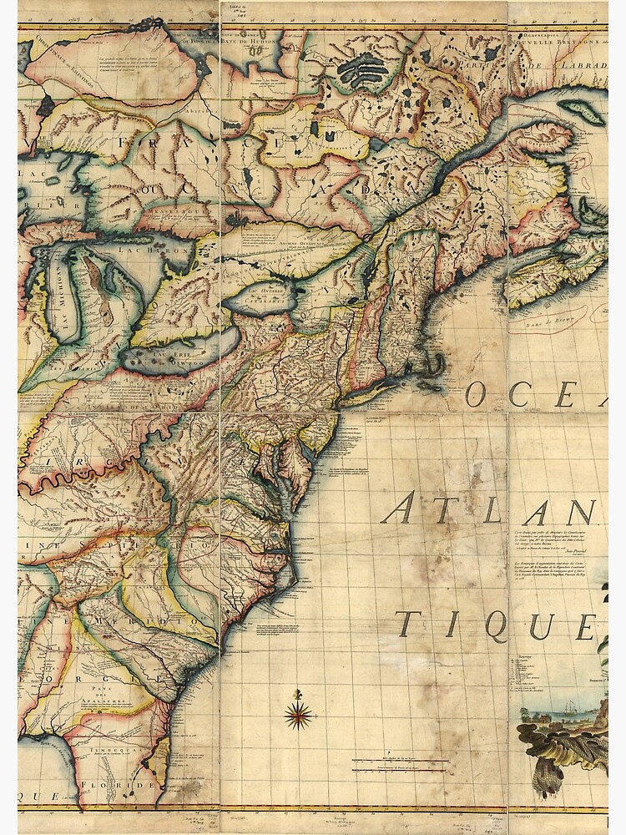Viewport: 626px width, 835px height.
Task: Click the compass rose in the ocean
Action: click(x=299, y=713)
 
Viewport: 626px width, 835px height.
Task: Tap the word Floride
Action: click(x=129, y=786)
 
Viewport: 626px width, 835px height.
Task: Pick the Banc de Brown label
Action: click(x=558, y=316)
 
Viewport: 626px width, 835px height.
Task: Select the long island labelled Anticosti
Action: click(x=582, y=112)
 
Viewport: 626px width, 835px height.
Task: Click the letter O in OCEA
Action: click(x=477, y=393)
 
